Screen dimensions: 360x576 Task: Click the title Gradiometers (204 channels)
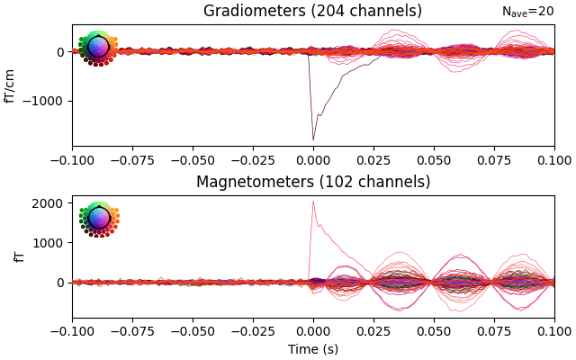click(312, 12)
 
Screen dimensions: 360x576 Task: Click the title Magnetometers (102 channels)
click(312, 182)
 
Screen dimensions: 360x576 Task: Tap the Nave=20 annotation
click(527, 12)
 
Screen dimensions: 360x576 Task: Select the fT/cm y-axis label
click(11, 85)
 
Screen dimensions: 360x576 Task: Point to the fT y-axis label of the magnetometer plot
click(19, 256)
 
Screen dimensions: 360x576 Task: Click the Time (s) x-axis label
click(312, 349)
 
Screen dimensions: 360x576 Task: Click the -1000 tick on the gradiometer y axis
click(48, 101)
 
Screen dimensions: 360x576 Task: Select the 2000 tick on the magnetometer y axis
click(51, 202)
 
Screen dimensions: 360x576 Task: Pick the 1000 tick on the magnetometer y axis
click(51, 242)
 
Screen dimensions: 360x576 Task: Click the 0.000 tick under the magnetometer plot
click(313, 330)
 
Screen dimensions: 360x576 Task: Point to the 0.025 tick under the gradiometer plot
click(373, 159)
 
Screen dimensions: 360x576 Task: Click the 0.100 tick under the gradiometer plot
click(553, 159)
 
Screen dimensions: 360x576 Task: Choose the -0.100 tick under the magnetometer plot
click(72, 330)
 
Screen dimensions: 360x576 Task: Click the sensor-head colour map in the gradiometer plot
click(98, 48)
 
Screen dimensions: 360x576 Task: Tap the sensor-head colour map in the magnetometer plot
click(98, 219)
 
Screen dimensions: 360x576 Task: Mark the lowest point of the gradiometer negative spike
click(313, 139)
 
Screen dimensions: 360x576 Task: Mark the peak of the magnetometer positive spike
click(313, 201)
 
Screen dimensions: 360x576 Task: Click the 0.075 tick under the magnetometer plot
click(494, 330)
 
